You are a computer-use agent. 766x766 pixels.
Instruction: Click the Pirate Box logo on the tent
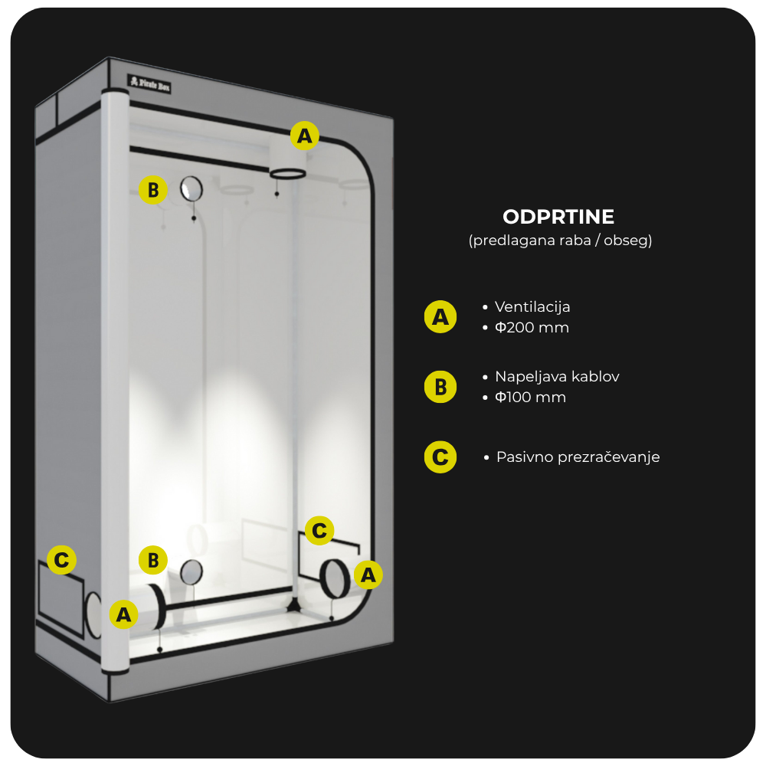[149, 84]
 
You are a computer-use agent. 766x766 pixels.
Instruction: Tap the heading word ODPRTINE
[558, 217]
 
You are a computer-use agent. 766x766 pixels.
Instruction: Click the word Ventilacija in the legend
[532, 307]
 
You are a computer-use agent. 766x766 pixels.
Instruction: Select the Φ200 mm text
[532, 327]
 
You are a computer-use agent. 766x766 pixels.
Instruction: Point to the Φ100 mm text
[531, 397]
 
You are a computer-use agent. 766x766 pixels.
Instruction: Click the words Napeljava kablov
[557, 377]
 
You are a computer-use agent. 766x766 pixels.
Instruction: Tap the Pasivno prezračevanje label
[578, 457]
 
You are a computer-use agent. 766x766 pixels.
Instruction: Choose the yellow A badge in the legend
[440, 317]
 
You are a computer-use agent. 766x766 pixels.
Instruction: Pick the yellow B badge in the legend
[440, 387]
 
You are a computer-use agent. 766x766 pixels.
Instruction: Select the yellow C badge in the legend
[440, 457]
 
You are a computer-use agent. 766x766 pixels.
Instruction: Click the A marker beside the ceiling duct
[304, 136]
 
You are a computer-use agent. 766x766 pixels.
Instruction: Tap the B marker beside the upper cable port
[153, 189]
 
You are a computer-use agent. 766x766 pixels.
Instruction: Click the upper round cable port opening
[191, 188]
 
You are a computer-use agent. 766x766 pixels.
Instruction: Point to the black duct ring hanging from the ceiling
[288, 173]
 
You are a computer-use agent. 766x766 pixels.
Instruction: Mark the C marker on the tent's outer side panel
[61, 560]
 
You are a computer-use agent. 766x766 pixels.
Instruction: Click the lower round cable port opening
[191, 572]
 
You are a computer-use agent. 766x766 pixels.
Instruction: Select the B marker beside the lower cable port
[153, 560]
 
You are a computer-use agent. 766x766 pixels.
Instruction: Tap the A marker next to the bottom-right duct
[368, 574]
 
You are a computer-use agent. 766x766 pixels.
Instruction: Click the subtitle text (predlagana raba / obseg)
[561, 241]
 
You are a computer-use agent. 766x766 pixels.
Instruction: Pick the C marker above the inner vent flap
[319, 531]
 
